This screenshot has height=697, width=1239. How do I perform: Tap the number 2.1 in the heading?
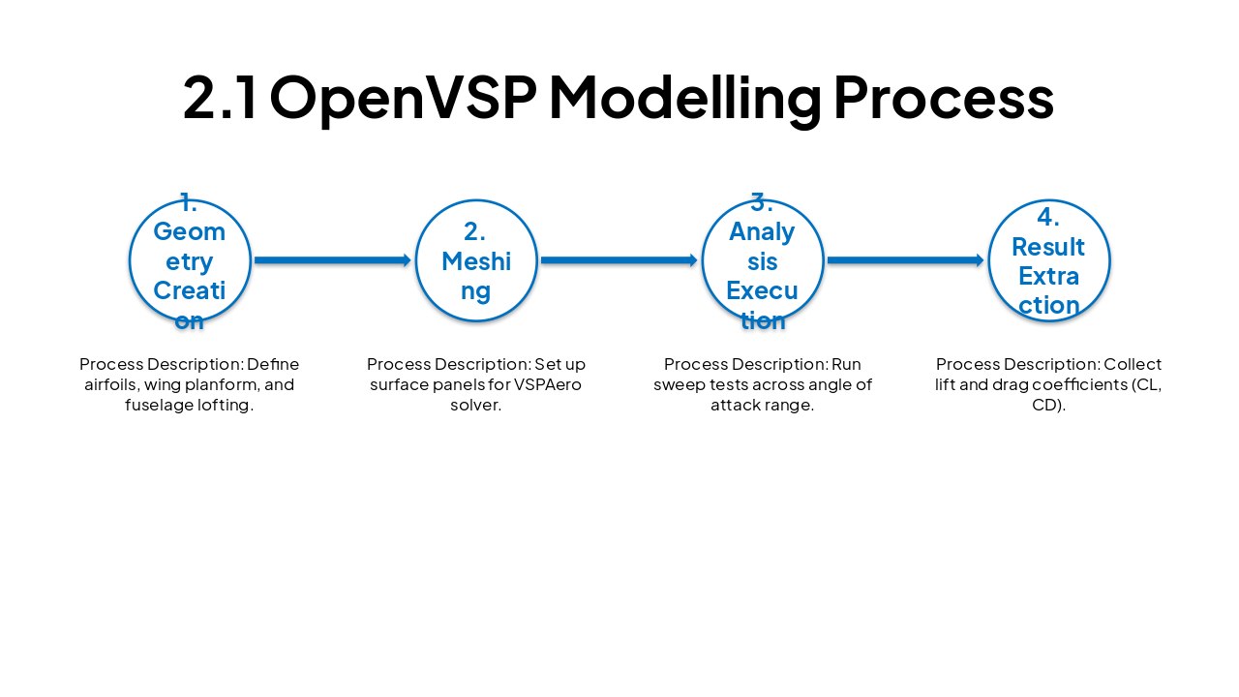pyautogui.click(x=221, y=98)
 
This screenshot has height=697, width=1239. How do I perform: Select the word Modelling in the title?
pyautogui.click(x=683, y=98)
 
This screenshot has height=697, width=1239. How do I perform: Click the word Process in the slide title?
pyautogui.click(x=943, y=98)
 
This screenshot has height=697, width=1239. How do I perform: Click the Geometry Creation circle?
pyautogui.click(x=190, y=260)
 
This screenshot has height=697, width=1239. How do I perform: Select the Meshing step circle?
pyautogui.click(x=476, y=260)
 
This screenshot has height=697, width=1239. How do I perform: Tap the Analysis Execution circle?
pyautogui.click(x=763, y=260)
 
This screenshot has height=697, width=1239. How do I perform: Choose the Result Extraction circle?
pyautogui.click(x=1049, y=260)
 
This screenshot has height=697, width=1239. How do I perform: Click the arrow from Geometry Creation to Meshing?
pyautogui.click(x=333, y=260)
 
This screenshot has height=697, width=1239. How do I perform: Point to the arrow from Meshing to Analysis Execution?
pyautogui.click(x=619, y=260)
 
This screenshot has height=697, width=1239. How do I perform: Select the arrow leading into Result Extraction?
pyautogui.click(x=906, y=260)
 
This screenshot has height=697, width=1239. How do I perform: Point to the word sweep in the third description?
pyautogui.click(x=679, y=384)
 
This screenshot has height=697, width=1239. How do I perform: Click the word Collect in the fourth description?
pyautogui.click(x=1133, y=364)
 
